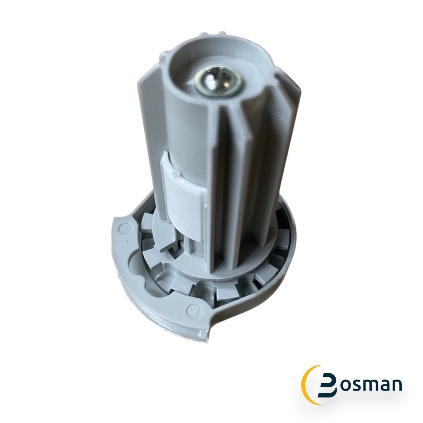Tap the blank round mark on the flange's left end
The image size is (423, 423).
coord(125,227)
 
